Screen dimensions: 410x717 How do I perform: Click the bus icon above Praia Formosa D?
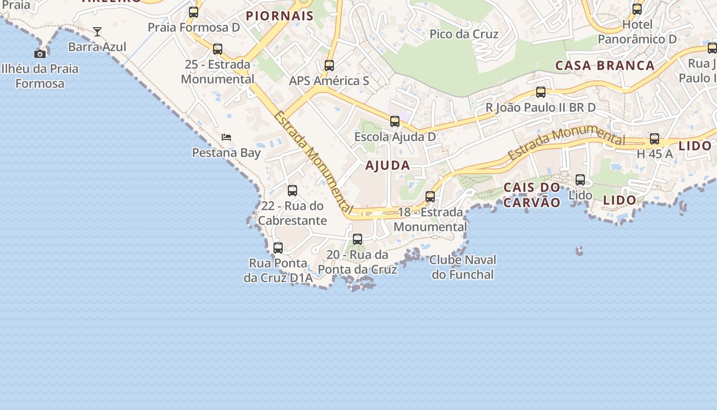point(193,12)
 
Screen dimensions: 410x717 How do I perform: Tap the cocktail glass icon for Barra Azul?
point(97,32)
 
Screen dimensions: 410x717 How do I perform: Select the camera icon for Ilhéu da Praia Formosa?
point(40,54)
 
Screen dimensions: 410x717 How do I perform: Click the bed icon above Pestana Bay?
point(226,137)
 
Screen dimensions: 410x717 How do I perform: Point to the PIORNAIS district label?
point(280,16)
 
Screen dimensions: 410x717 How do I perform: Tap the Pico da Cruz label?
point(464,34)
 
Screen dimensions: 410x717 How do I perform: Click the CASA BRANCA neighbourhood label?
point(605,66)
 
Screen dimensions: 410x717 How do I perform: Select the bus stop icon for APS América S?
point(329,66)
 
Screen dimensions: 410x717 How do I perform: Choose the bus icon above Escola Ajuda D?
point(395,121)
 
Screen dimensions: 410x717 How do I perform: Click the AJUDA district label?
point(388,166)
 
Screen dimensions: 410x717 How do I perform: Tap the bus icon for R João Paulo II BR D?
point(541,92)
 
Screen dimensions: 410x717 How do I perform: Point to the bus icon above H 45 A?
point(655,139)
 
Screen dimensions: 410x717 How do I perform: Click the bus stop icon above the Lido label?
point(580,180)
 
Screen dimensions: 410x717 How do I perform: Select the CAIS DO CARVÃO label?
point(532,195)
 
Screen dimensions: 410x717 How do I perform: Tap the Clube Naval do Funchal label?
point(463,267)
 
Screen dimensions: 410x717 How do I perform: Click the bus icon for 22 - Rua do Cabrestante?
point(292,191)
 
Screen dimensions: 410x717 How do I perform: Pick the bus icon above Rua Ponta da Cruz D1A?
point(278,248)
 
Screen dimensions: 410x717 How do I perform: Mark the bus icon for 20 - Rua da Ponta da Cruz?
point(357,239)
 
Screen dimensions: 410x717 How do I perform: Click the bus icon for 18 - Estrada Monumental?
point(430,197)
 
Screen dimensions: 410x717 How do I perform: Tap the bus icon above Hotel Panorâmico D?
point(637,9)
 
